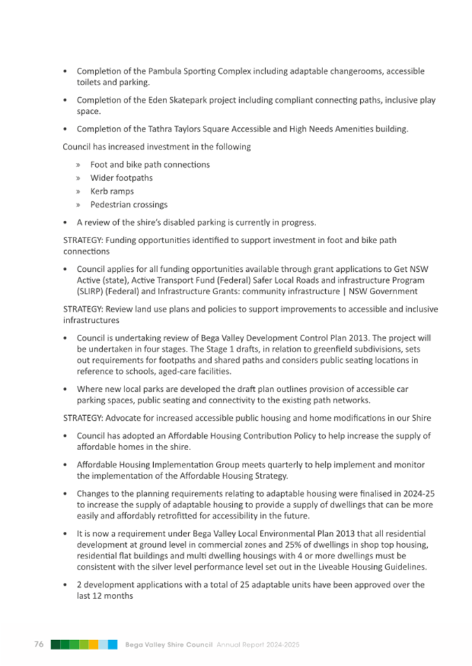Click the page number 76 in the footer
pos(38,644)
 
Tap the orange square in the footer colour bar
pos(93,644)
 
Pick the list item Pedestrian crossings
pos(129,205)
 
